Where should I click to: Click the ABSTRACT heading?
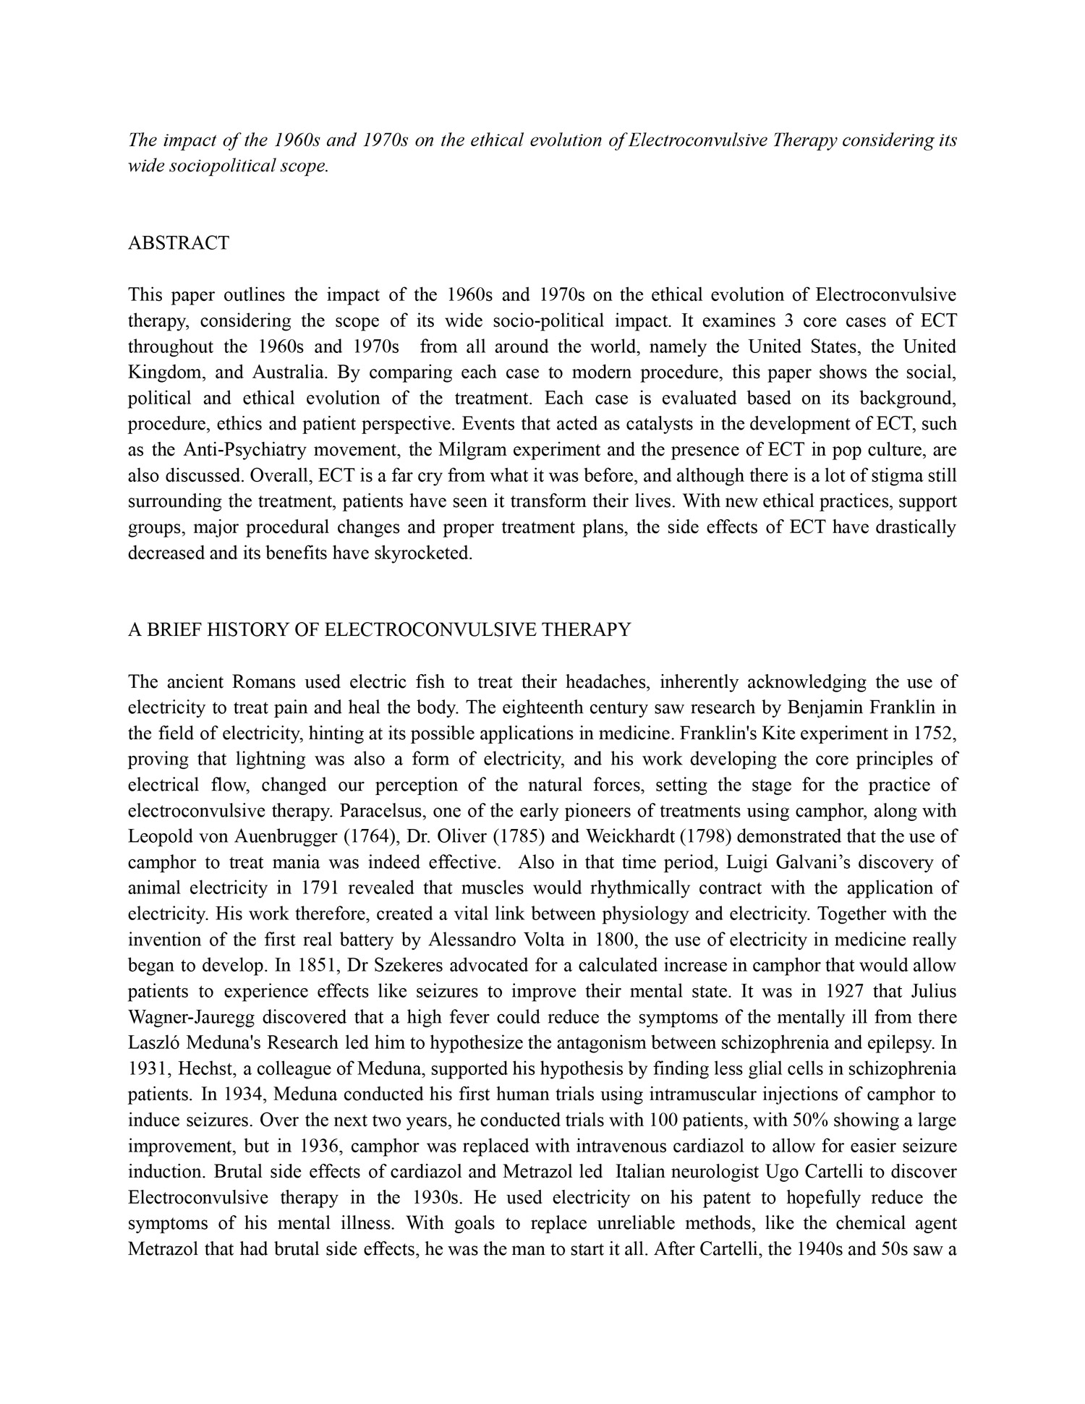(x=178, y=243)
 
